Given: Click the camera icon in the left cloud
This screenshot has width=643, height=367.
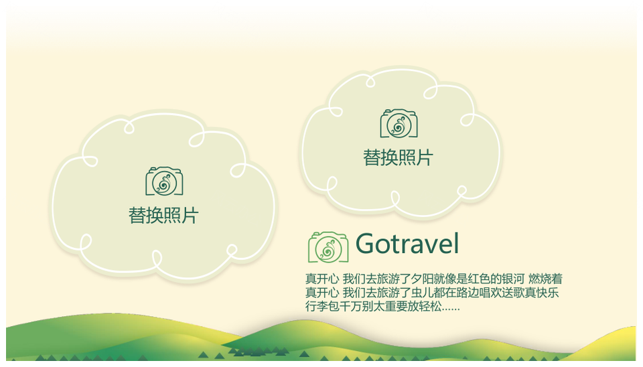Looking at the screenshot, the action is click(164, 181).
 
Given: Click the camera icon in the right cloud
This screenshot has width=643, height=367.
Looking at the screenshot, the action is click(399, 123).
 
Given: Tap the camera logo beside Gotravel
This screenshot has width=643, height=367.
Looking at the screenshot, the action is click(328, 247).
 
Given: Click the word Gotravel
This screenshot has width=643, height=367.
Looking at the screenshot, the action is click(407, 244).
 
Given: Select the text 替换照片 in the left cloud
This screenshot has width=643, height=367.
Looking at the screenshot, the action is click(163, 215).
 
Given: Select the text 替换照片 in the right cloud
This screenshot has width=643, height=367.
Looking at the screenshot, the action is click(398, 157).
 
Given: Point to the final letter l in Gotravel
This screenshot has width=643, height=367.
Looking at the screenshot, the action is click(455, 243).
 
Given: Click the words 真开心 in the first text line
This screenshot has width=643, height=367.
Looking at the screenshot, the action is click(322, 279).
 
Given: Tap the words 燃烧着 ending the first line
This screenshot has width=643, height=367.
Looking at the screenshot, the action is click(545, 279).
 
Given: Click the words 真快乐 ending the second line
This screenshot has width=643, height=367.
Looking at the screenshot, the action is click(542, 293).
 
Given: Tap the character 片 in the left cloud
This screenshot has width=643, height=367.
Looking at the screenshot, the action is click(190, 215).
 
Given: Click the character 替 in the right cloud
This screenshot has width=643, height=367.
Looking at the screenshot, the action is click(372, 157).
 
